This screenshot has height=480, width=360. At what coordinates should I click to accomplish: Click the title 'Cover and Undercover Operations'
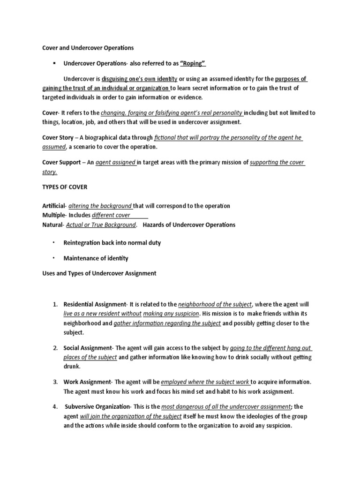[x=88, y=48]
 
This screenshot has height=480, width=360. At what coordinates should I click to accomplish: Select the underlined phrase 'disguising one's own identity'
[x=140, y=79]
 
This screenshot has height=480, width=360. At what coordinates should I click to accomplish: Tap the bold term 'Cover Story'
[x=58, y=138]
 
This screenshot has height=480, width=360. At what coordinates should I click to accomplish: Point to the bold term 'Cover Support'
[x=62, y=163]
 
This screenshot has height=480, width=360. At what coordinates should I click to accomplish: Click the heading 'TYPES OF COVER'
[x=66, y=187]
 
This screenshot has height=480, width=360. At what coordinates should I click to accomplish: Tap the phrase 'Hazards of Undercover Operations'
[x=189, y=225]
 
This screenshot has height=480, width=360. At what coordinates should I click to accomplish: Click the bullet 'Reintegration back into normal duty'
[x=112, y=243]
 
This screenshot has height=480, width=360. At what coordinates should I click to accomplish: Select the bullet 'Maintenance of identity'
[x=96, y=258]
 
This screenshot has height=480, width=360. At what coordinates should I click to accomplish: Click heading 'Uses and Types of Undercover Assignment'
[x=99, y=273]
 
